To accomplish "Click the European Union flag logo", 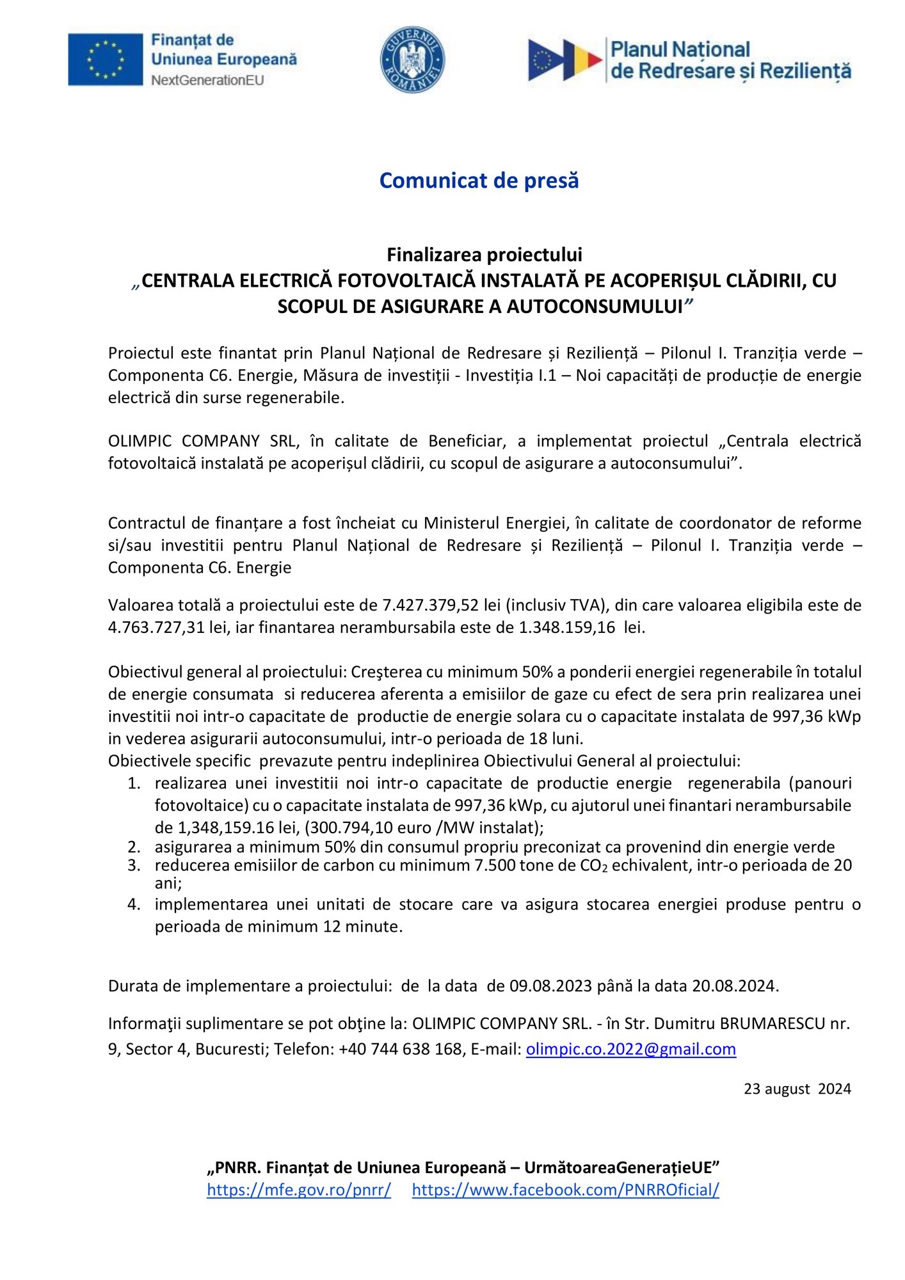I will [x=106, y=60].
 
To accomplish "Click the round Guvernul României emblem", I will [x=412, y=60].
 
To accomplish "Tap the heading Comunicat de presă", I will [x=479, y=180].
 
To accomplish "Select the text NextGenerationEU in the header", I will [x=207, y=81].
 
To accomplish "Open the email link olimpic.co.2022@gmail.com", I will [x=630, y=1050].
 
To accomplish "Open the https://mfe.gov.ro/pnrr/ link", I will [x=299, y=1190].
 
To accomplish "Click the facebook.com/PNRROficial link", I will [x=565, y=1190].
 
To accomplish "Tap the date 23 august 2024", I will [x=797, y=1089].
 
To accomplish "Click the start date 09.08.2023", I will [x=550, y=986].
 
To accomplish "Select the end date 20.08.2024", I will [x=733, y=986].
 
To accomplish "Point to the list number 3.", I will [x=134, y=866].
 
